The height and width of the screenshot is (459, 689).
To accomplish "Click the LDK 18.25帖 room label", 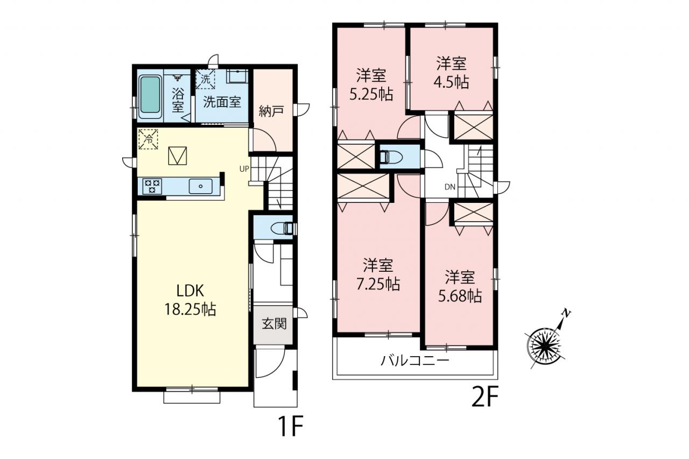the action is click(191, 300).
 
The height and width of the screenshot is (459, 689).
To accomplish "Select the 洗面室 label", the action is click(222, 102).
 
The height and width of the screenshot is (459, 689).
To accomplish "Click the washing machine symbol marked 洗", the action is click(206, 79).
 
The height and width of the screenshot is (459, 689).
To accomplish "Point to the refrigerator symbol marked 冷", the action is click(148, 139).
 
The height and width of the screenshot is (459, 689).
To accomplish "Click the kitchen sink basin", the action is click(201, 186).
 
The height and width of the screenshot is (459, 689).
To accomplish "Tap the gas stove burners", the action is click(152, 186).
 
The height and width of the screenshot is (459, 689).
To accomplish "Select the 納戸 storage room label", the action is click(271, 111).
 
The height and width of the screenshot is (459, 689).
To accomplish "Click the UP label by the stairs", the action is click(244, 169).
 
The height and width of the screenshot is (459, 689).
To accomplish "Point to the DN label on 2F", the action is click(450, 187).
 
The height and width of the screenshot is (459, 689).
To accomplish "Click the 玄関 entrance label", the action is click(275, 324).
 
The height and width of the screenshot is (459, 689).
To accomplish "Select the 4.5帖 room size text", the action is click(451, 82).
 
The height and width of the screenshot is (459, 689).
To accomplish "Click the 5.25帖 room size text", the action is click(371, 94).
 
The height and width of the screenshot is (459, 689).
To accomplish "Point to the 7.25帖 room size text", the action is click(378, 284).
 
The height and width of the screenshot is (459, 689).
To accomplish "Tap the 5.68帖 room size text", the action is click(460, 296).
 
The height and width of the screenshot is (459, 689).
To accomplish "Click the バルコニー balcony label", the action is click(415, 361).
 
